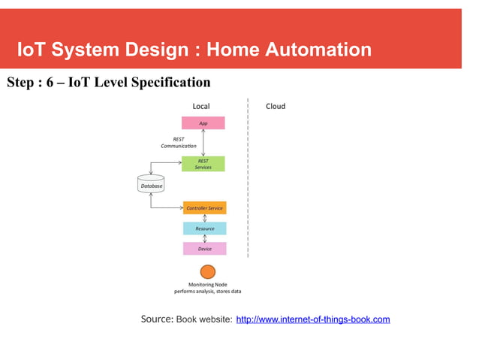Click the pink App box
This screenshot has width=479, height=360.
click(203, 123)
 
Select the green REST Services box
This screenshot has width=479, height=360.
click(203, 164)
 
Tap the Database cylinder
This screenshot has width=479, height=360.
click(151, 184)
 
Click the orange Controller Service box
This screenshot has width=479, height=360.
click(204, 207)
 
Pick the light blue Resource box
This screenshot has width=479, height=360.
click(204, 228)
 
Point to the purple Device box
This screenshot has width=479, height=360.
click(204, 248)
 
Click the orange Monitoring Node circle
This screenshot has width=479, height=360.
click(208, 272)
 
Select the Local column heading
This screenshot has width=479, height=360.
click(201, 106)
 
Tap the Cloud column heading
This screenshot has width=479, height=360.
click(276, 106)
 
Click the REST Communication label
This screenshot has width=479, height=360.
click(173, 142)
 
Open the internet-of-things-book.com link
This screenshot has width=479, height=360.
click(313, 320)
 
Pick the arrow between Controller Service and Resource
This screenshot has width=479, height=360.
click(204, 218)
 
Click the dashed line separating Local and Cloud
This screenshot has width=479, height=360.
click(248, 180)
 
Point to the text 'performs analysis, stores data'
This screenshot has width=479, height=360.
click(208, 291)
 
